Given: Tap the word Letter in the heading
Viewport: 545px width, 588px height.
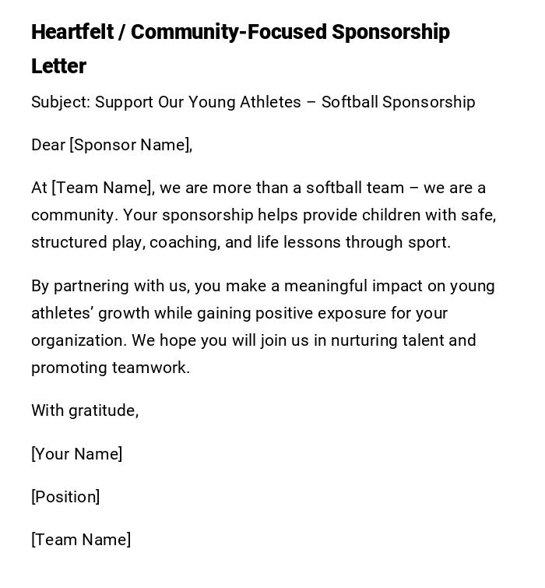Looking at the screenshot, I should [x=58, y=66].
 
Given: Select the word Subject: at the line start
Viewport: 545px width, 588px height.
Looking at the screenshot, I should [x=61, y=102].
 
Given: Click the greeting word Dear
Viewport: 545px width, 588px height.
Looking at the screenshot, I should [x=48, y=145].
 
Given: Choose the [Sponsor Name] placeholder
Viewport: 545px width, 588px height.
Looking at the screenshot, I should [x=130, y=145].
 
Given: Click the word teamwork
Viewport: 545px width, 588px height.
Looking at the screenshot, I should [x=150, y=368].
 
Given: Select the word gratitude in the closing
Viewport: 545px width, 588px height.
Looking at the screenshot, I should [x=104, y=410].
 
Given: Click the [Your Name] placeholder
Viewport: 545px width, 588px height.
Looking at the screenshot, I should [x=76, y=454].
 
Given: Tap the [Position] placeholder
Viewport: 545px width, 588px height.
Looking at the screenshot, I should [x=65, y=497].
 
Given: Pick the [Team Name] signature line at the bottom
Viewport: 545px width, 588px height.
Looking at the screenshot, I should [x=81, y=540].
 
